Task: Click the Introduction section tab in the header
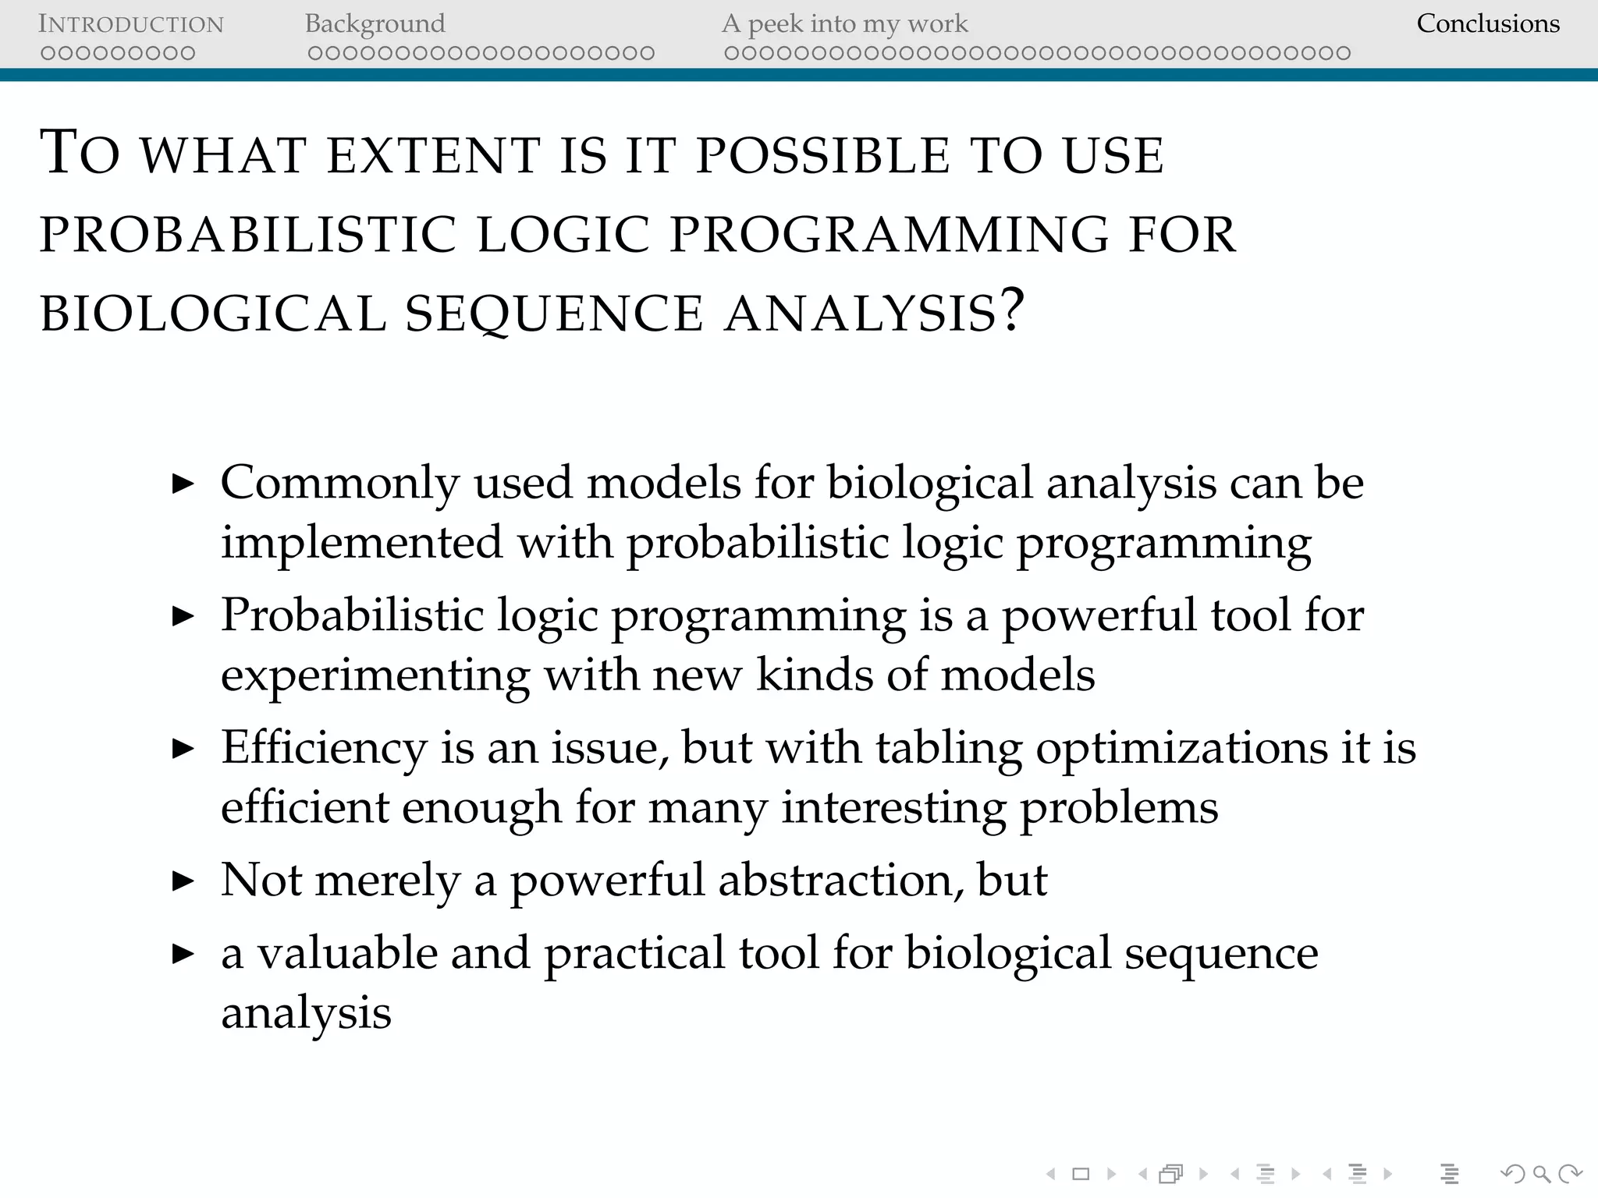coord(131,24)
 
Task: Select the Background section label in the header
coord(375,24)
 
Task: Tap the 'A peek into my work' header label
coord(844,24)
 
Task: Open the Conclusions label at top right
coord(1487,24)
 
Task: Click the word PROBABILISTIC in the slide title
coord(248,235)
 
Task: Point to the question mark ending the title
coord(1012,310)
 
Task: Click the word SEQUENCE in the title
coord(554,314)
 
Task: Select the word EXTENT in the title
coord(434,155)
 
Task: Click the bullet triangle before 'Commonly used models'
coord(183,484)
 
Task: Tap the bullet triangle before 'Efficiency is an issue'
coord(183,750)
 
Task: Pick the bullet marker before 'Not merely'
coord(183,882)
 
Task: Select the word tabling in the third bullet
coord(949,749)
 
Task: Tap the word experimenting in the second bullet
coord(375,676)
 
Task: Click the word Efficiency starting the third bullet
coord(324,749)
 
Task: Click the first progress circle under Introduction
coord(48,54)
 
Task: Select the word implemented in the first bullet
coord(361,543)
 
